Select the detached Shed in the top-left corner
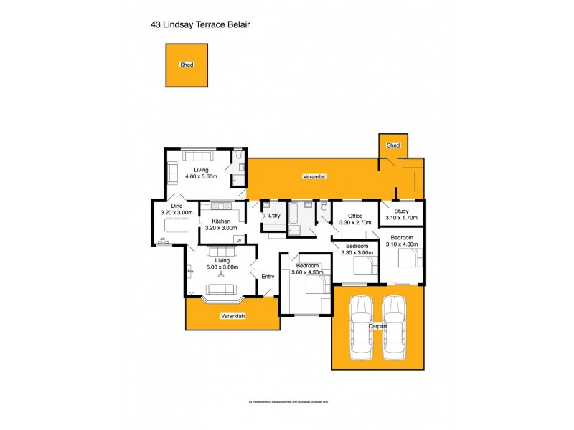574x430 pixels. point(187,64)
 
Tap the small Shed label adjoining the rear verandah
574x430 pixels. point(392,145)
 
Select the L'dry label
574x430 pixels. point(273,216)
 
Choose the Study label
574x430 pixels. point(401,211)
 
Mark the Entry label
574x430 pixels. point(268,277)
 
